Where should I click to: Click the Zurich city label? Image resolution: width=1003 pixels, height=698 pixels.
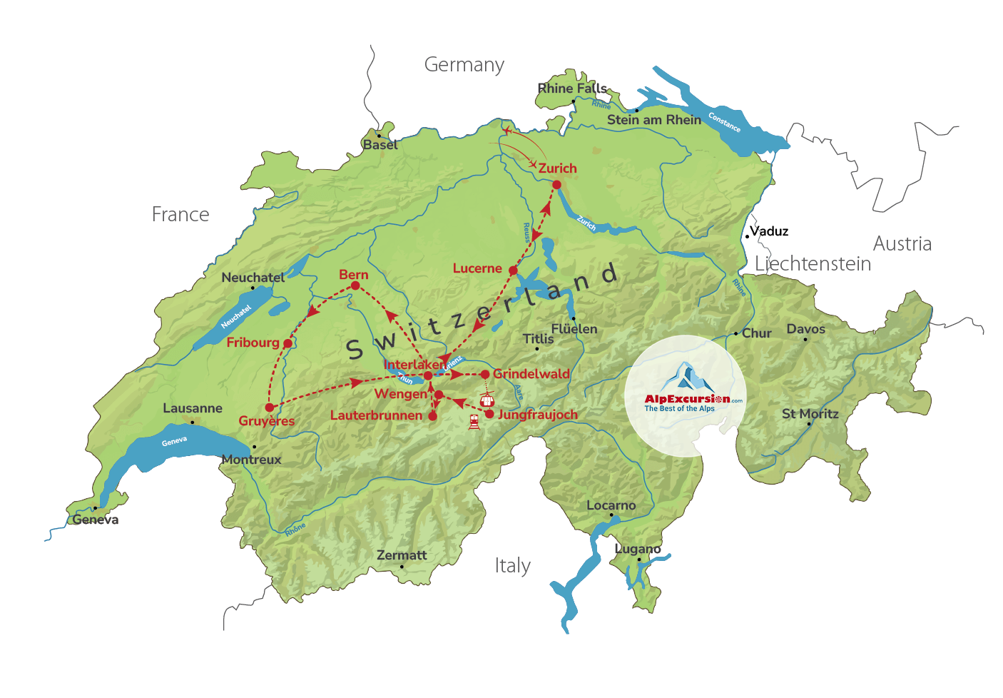pyautogui.click(x=557, y=168)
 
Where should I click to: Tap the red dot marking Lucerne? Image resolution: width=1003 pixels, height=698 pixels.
pyautogui.click(x=513, y=270)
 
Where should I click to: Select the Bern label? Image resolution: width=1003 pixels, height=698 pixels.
pyautogui.click(x=354, y=275)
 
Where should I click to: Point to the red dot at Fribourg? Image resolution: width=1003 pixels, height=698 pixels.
pyautogui.click(x=287, y=343)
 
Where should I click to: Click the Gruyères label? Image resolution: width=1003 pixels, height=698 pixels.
pyautogui.click(x=267, y=421)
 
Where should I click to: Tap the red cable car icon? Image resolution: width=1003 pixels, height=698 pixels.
pyautogui.click(x=487, y=400)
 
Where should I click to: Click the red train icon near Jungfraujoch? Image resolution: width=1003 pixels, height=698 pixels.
pyautogui.click(x=474, y=421)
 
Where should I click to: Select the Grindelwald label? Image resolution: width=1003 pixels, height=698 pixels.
pyautogui.click(x=531, y=373)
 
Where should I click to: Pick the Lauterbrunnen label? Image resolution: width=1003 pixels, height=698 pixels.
pyautogui.click(x=376, y=415)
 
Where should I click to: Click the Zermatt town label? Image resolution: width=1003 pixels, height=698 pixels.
pyautogui.click(x=402, y=555)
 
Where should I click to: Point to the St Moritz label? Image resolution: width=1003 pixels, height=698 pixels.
pyautogui.click(x=810, y=414)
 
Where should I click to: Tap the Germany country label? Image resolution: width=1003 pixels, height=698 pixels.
pyautogui.click(x=464, y=65)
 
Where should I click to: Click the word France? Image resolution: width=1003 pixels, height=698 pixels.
pyautogui.click(x=180, y=214)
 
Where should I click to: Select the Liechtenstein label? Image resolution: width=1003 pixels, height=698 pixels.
pyautogui.click(x=813, y=264)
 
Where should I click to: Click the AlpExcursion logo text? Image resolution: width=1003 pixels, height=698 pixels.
pyautogui.click(x=687, y=399)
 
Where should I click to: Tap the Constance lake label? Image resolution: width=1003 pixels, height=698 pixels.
pyautogui.click(x=724, y=122)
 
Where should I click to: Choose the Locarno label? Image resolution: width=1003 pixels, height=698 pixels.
pyautogui.click(x=611, y=505)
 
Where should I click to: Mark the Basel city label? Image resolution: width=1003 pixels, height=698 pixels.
pyautogui.click(x=380, y=145)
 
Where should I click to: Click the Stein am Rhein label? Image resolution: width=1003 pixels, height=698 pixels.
pyautogui.click(x=654, y=120)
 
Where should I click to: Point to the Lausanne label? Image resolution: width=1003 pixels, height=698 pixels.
pyautogui.click(x=193, y=408)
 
